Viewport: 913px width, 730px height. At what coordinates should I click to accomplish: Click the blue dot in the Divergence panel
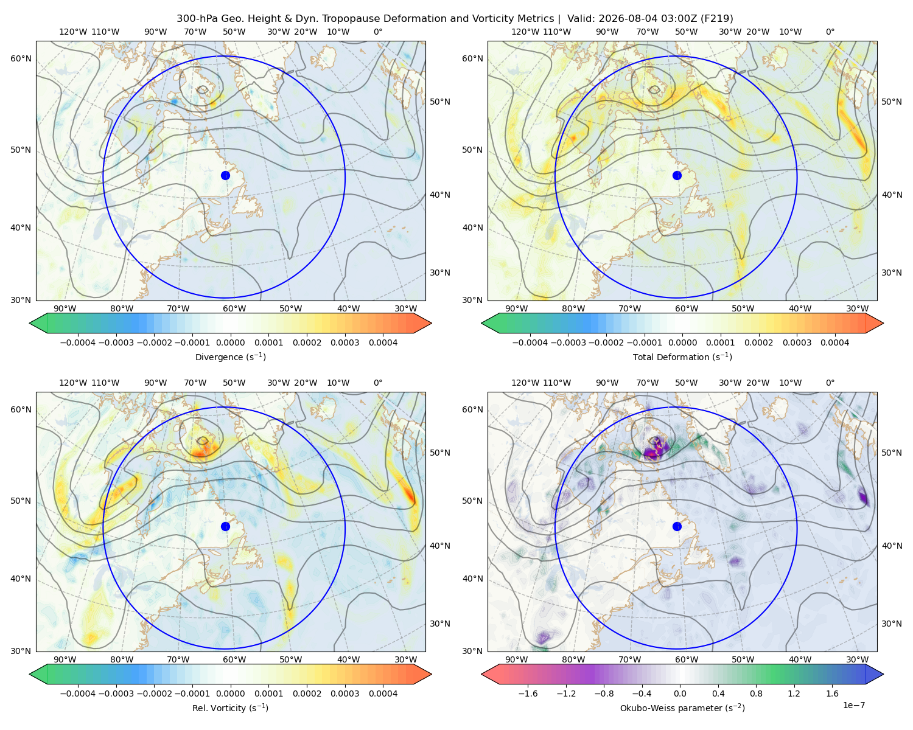tap(225, 175)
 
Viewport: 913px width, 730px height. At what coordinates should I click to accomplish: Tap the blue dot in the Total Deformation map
tap(677, 175)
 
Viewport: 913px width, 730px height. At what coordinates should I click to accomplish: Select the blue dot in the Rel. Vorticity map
tap(225, 526)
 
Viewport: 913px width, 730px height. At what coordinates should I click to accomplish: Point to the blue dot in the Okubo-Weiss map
tap(677, 526)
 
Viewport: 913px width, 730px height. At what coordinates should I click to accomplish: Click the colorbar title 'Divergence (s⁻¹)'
tap(230, 356)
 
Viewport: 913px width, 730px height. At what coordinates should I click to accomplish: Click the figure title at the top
tap(455, 18)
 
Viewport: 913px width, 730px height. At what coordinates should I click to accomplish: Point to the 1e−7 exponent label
tap(853, 705)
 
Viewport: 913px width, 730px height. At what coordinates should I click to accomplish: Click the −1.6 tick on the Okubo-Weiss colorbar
tap(528, 693)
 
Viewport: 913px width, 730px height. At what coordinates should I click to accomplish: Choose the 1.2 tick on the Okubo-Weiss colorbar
tap(794, 693)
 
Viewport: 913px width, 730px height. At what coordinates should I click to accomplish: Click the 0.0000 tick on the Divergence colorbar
tap(230, 342)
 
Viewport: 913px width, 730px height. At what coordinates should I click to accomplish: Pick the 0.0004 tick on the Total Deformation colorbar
tap(834, 342)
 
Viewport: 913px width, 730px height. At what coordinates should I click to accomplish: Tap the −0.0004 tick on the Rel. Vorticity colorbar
tap(78, 693)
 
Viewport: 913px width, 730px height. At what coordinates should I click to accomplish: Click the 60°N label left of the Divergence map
tap(21, 58)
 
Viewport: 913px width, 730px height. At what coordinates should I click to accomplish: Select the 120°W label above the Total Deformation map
tap(525, 32)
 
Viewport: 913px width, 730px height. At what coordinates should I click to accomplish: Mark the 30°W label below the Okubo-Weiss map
tap(858, 659)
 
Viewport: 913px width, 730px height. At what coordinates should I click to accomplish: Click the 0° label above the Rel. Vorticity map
tap(378, 383)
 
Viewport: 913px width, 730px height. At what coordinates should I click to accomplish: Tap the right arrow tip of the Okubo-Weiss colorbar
tap(883, 674)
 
